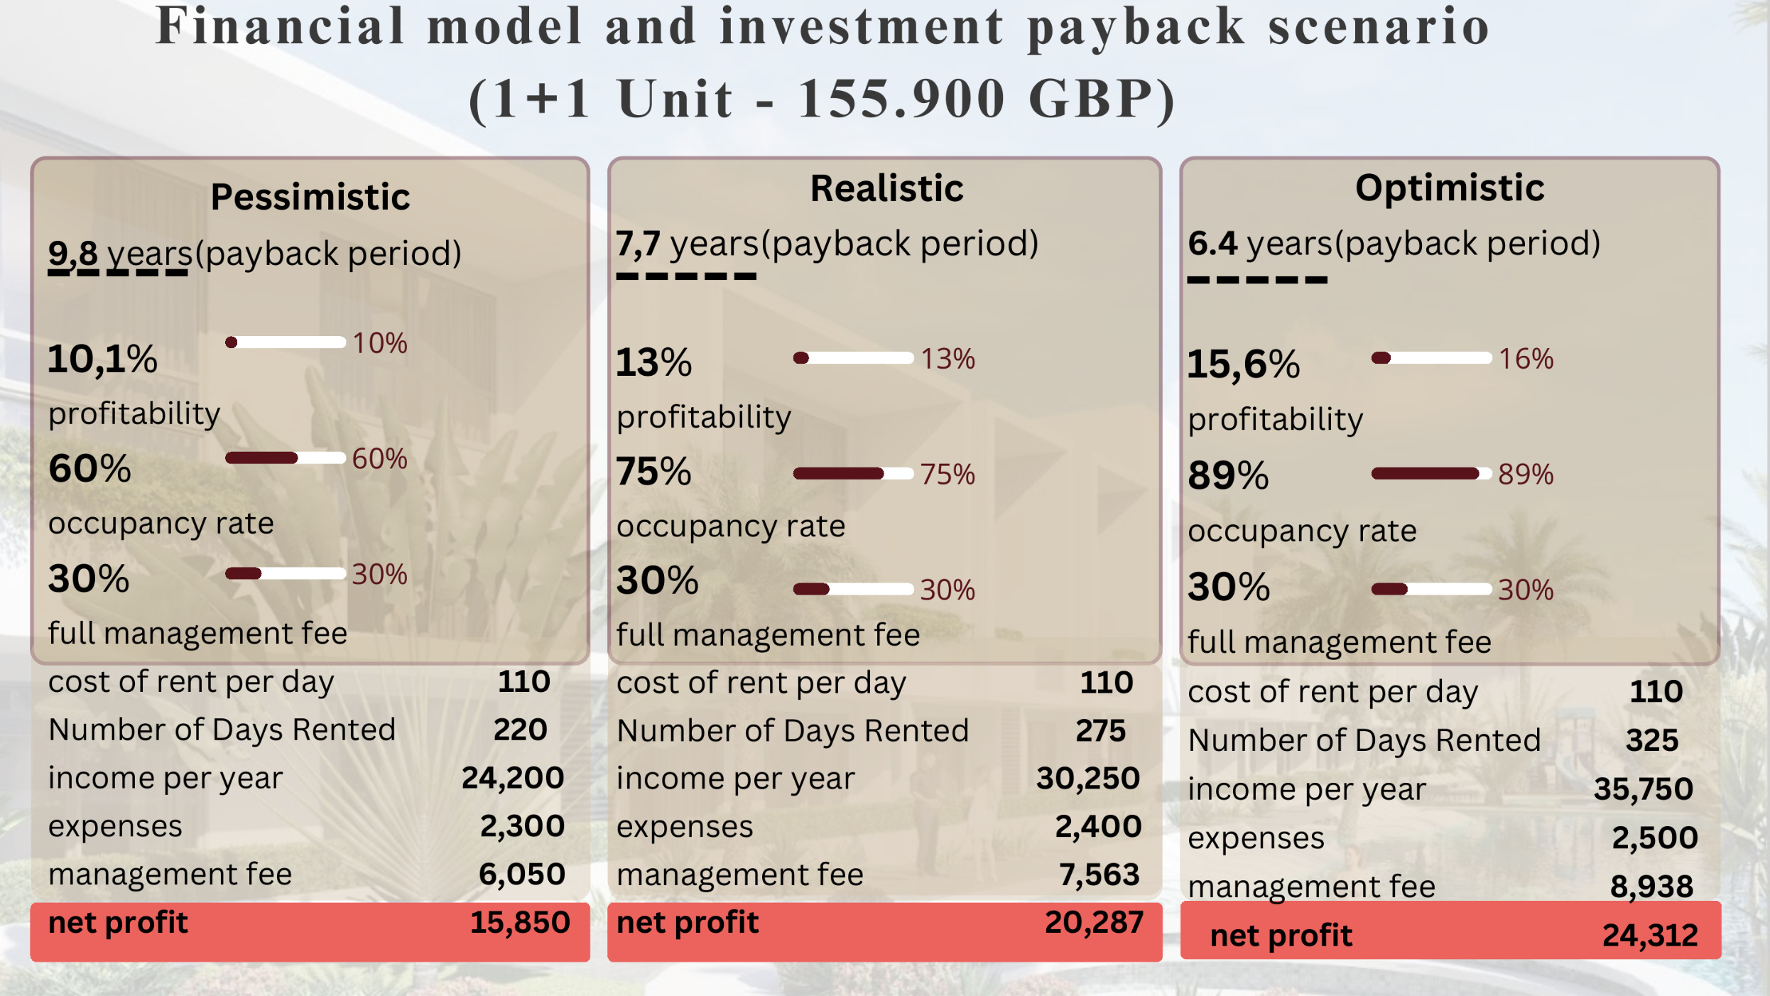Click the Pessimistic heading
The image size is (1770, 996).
[310, 197]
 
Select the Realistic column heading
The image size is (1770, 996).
[886, 188]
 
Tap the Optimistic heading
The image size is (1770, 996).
[1450, 188]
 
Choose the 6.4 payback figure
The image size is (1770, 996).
[1213, 243]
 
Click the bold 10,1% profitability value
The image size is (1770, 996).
[102, 359]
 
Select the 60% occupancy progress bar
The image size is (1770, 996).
[285, 458]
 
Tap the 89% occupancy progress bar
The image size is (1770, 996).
[1430, 474]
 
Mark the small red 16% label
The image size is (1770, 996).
[1526, 359]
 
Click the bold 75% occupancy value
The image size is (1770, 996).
[653, 471]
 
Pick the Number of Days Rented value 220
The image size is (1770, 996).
[521, 730]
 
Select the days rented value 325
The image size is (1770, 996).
[1652, 740]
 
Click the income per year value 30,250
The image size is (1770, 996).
[1087, 778]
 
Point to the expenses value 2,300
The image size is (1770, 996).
[522, 826]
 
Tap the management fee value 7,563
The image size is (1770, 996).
[1099, 875]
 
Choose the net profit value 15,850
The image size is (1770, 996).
[520, 922]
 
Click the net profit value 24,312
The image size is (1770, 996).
[1650, 935]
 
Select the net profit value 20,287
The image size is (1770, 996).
[1094, 922]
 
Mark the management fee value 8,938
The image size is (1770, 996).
[1651, 886]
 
